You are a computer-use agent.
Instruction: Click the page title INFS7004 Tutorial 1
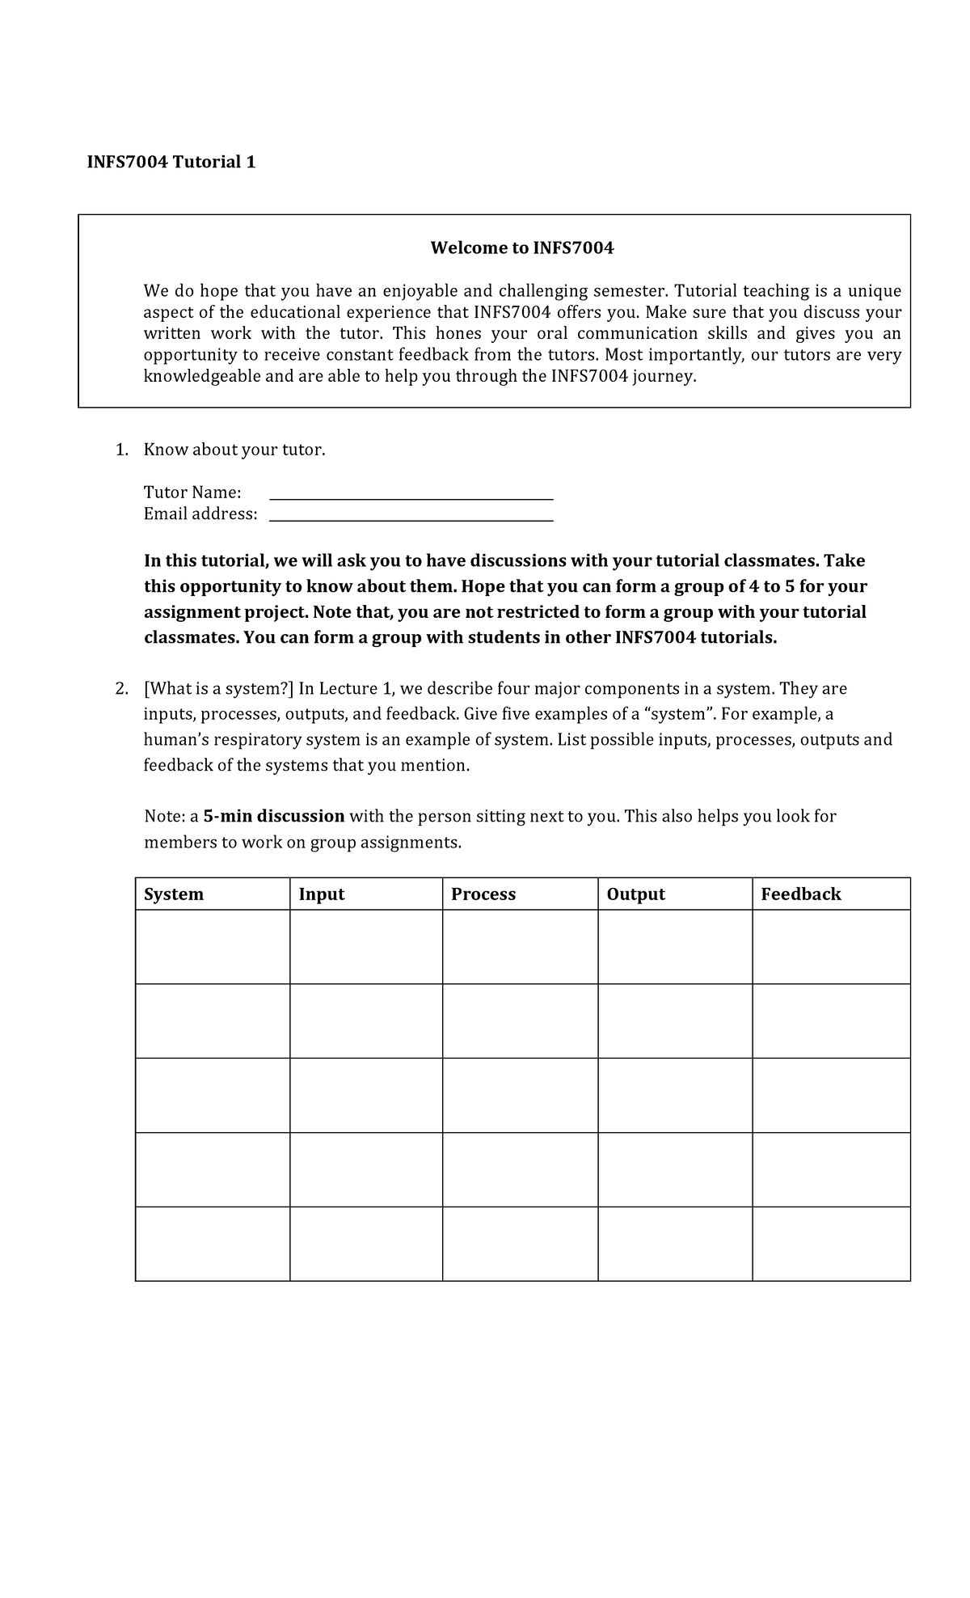tap(171, 163)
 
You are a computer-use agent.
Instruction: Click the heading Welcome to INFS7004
tap(521, 248)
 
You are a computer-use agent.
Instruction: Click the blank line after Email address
tap(411, 518)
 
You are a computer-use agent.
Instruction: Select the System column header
tap(174, 894)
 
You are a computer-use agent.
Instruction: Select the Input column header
tap(322, 894)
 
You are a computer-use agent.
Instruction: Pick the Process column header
tap(483, 894)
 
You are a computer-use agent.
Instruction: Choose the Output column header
tap(635, 894)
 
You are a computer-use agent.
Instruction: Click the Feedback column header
tap(801, 894)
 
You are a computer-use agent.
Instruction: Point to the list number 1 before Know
tap(121, 450)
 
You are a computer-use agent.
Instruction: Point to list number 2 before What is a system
tap(121, 689)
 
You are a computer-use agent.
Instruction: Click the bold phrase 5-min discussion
tap(274, 816)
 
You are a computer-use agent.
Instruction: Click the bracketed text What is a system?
tap(218, 689)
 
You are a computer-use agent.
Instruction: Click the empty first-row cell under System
tap(213, 947)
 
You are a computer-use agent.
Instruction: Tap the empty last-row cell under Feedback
tap(831, 1244)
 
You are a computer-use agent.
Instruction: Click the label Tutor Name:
tap(192, 493)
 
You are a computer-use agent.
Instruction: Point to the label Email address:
tap(200, 514)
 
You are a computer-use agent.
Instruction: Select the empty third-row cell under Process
tap(520, 1095)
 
